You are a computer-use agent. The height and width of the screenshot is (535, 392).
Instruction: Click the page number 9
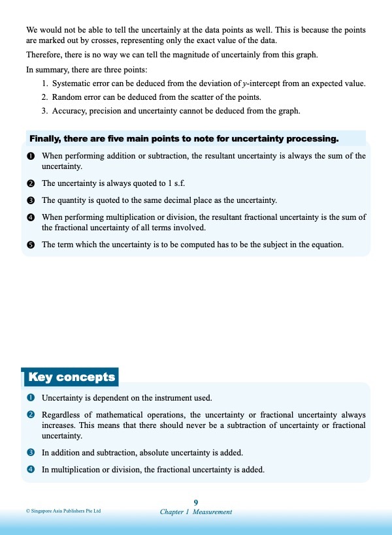tap(196, 502)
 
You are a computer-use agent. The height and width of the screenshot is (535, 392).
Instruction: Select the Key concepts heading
tap(71, 377)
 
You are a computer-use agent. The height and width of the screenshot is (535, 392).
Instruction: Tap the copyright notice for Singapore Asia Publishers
tap(63, 512)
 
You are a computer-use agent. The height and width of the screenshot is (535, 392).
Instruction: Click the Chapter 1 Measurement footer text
tap(196, 512)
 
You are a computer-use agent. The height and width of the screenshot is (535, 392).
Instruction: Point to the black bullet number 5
tap(30, 245)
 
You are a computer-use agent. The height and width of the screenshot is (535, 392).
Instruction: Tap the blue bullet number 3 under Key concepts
tap(30, 452)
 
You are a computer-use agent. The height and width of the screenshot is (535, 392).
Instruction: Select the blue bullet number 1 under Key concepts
tap(30, 397)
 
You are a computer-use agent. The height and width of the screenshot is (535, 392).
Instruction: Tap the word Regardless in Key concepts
tap(62, 415)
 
